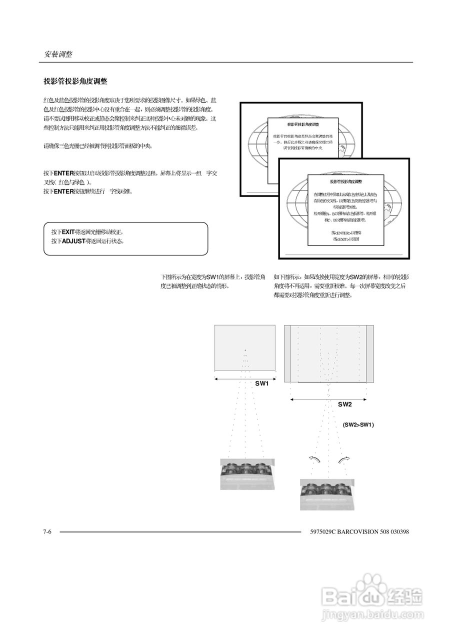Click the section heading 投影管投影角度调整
pos(75,81)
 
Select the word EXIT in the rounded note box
pos(68,232)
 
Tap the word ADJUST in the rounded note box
pos(73,241)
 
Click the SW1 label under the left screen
pos(262,383)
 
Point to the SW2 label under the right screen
pos(344,404)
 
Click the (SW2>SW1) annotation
pos(358,424)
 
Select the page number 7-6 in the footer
pos(48,531)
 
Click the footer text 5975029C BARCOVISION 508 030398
pos(359,531)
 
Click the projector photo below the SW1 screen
pos(247,473)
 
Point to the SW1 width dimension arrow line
pos(245,378)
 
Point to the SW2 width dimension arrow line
pos(328,399)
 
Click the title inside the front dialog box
pos(346,182)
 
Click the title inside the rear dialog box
pos(303,123)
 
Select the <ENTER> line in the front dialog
pos(346,232)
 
